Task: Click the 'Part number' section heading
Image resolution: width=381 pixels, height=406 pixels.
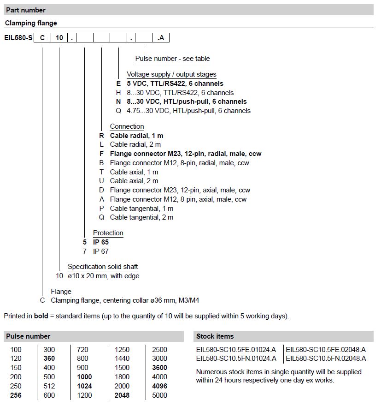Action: [x=26, y=10]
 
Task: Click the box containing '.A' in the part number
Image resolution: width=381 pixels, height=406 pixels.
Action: [x=161, y=38]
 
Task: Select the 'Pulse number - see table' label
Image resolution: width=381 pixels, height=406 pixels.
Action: [x=172, y=59]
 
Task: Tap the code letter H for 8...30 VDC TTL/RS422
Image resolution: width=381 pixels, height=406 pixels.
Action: [x=118, y=93]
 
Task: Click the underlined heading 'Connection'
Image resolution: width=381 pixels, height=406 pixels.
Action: [x=127, y=126]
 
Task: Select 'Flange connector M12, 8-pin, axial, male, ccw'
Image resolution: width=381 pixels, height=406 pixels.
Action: [x=178, y=199]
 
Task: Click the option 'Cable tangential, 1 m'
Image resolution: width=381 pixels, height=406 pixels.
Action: [x=141, y=209]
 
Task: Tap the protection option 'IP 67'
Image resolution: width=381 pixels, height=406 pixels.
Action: [x=101, y=251]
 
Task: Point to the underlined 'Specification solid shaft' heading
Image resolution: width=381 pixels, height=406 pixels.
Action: [x=103, y=267]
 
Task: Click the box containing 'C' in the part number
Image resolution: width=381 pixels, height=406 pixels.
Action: [x=42, y=38]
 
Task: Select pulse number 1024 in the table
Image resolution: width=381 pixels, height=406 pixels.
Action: [x=84, y=386]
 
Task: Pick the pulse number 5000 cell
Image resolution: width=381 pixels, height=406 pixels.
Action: [x=159, y=395]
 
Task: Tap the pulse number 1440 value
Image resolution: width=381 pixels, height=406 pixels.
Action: [x=122, y=358]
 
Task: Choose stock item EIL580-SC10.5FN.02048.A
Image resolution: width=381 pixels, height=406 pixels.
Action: [x=326, y=358]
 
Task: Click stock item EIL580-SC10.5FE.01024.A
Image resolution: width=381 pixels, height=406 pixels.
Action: [x=236, y=349]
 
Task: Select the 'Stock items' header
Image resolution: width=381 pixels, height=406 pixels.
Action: [x=215, y=336]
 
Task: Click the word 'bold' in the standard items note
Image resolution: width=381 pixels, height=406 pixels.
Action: [x=41, y=316]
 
